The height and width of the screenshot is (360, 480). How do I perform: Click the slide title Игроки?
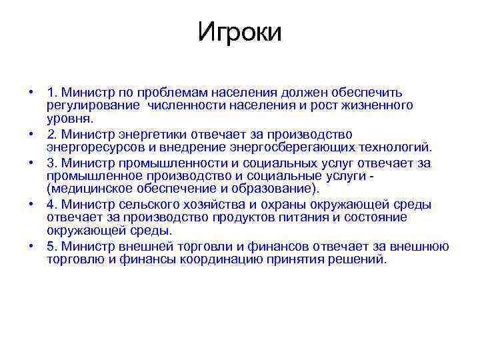pos(239,32)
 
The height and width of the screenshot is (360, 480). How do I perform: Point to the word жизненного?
pos(379,105)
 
